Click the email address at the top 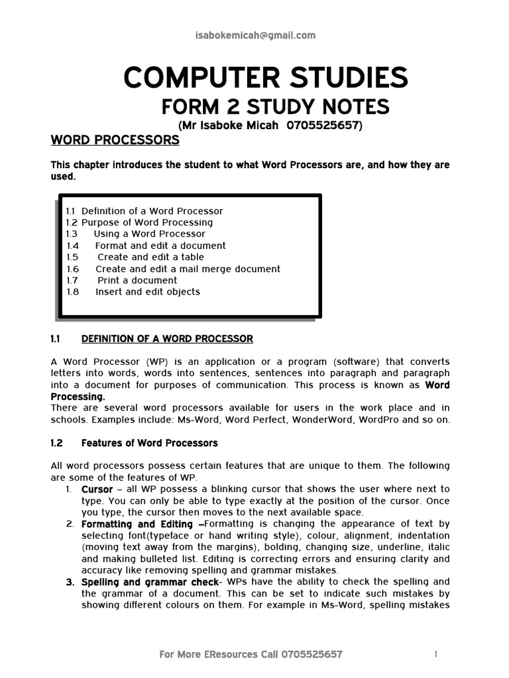pyautogui.click(x=254, y=36)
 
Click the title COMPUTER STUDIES pyautogui.click(x=265, y=79)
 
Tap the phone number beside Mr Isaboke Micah pyautogui.click(x=321, y=125)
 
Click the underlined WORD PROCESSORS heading pyautogui.click(x=115, y=140)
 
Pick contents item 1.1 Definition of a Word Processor pyautogui.click(x=144, y=211)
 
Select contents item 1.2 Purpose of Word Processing pyautogui.click(x=139, y=222)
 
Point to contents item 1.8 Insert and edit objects pyautogui.click(x=133, y=292)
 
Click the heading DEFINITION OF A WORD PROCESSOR pyautogui.click(x=167, y=339)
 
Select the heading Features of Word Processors pyautogui.click(x=149, y=442)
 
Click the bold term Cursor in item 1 pyautogui.click(x=97, y=489)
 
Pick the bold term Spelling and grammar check pyautogui.click(x=150, y=582)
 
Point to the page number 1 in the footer pyautogui.click(x=435, y=655)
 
